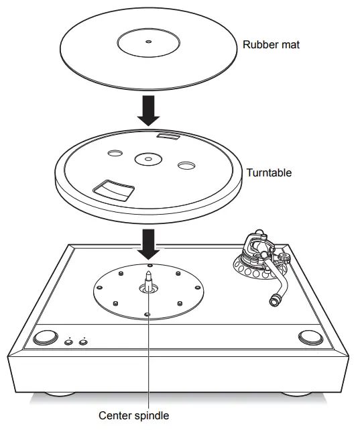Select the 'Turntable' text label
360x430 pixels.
coord(268,172)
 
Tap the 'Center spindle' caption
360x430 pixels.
coord(133,415)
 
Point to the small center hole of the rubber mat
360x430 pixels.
coord(148,42)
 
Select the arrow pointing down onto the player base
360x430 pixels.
coord(148,243)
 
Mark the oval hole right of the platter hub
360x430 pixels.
coord(185,165)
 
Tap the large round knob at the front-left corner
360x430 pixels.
coord(46,337)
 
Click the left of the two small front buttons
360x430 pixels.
coord(68,343)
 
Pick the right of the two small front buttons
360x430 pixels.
coord(83,343)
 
